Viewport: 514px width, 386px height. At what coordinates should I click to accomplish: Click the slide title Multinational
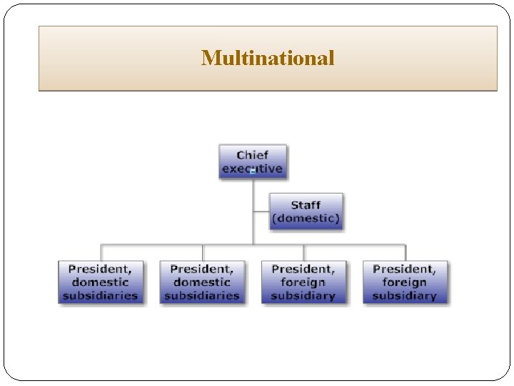268,58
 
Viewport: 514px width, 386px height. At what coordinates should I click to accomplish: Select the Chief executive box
253,162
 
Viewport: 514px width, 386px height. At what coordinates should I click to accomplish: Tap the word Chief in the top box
253,155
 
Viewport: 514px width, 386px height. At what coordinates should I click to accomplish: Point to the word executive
253,169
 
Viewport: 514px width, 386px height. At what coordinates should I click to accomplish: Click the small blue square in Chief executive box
253,172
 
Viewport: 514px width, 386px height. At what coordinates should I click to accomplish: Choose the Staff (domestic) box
306,211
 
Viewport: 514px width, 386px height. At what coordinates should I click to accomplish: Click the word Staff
306,205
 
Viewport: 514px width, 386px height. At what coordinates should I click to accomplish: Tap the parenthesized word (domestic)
306,217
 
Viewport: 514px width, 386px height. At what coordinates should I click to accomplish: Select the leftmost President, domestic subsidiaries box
100,282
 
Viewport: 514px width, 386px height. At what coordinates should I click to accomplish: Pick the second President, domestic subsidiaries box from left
202,282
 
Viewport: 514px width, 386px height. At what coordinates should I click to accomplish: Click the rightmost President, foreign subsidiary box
405,282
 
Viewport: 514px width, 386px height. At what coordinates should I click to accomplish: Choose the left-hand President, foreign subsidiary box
303,282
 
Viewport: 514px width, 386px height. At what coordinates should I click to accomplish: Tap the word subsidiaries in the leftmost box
100,295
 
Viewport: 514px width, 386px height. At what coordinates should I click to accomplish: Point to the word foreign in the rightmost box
405,282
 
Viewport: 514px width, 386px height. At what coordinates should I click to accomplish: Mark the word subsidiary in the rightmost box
405,295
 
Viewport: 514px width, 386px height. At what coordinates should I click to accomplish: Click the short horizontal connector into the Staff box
261,211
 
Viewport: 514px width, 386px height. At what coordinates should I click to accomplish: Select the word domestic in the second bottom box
202,282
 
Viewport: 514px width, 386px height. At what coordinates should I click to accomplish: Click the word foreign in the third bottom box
303,282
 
